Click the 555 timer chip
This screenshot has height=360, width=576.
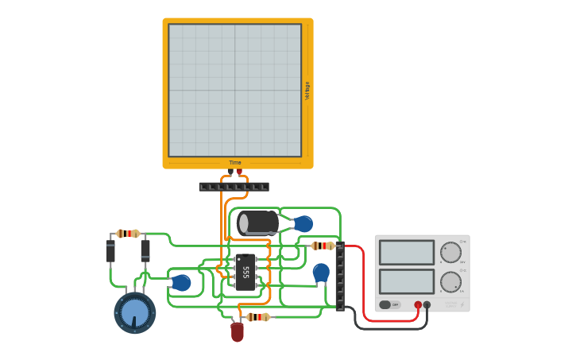(x=245, y=272)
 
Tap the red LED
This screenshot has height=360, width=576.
(x=237, y=331)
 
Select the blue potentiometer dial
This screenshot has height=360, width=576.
(x=134, y=313)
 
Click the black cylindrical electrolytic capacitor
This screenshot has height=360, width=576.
(x=257, y=223)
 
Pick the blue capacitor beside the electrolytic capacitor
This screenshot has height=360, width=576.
(x=303, y=224)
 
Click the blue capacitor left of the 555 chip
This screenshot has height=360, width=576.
(x=181, y=282)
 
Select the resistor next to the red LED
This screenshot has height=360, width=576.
(x=258, y=317)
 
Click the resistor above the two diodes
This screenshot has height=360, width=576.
(x=128, y=234)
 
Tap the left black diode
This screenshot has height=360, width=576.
(x=110, y=251)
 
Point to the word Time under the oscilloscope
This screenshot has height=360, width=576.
(x=235, y=163)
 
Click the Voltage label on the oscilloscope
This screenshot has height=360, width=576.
(x=307, y=90)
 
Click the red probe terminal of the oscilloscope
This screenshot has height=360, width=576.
(x=239, y=171)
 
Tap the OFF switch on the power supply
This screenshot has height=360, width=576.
(x=389, y=304)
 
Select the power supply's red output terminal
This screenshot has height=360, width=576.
(x=418, y=304)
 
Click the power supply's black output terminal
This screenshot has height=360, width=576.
(x=427, y=304)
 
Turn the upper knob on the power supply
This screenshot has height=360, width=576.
(x=450, y=253)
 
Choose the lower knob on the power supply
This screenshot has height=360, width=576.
(x=450, y=281)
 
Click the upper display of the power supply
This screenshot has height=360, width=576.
(x=407, y=253)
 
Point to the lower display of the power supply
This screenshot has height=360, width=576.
(x=407, y=281)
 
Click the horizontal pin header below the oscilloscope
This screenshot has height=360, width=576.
(x=234, y=187)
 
